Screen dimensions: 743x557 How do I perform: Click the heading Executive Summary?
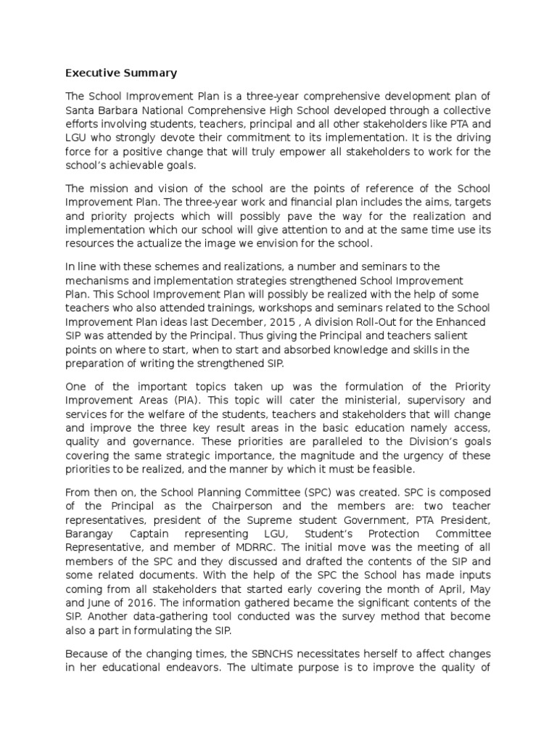pyautogui.click(x=121, y=73)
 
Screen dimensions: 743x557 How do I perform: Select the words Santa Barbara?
pyautogui.click(x=99, y=110)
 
